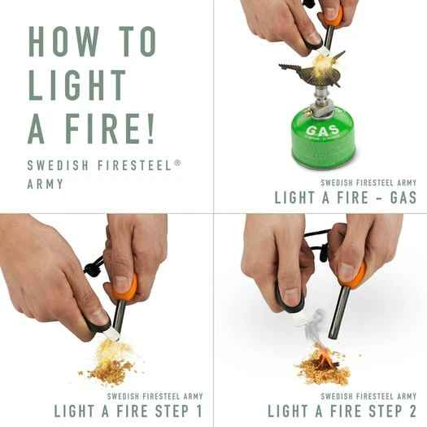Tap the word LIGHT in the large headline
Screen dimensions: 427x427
[78, 85]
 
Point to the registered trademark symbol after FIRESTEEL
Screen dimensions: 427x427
[177, 163]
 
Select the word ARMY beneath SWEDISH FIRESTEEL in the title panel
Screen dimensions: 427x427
[45, 183]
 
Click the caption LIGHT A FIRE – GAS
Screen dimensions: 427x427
[345, 197]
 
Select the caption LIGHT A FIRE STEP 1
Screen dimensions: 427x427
[128, 410]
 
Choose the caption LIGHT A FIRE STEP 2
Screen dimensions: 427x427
[342, 410]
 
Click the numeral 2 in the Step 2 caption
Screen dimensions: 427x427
[412, 410]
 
